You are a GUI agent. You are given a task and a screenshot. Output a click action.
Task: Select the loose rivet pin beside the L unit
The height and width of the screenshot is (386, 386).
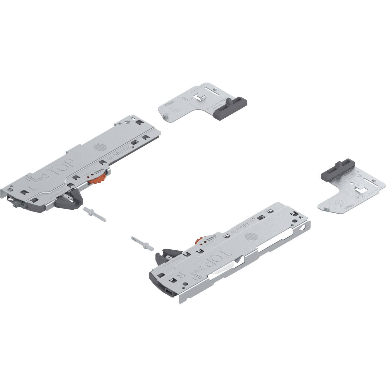pyautogui.click(x=94, y=213)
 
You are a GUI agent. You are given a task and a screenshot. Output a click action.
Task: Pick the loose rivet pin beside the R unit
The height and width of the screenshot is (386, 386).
pyautogui.click(x=142, y=243)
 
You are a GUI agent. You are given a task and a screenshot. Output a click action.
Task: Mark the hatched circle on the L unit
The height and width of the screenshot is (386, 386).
pyautogui.click(x=100, y=147)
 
